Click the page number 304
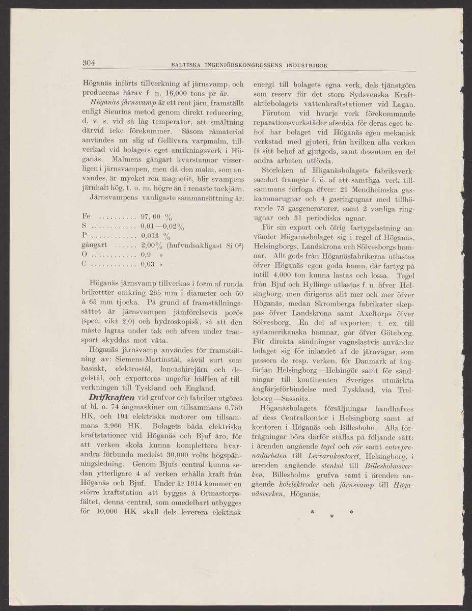coord(89,64)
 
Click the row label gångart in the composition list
coord(94,245)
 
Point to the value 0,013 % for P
coord(155,235)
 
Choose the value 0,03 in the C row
coord(147,264)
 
